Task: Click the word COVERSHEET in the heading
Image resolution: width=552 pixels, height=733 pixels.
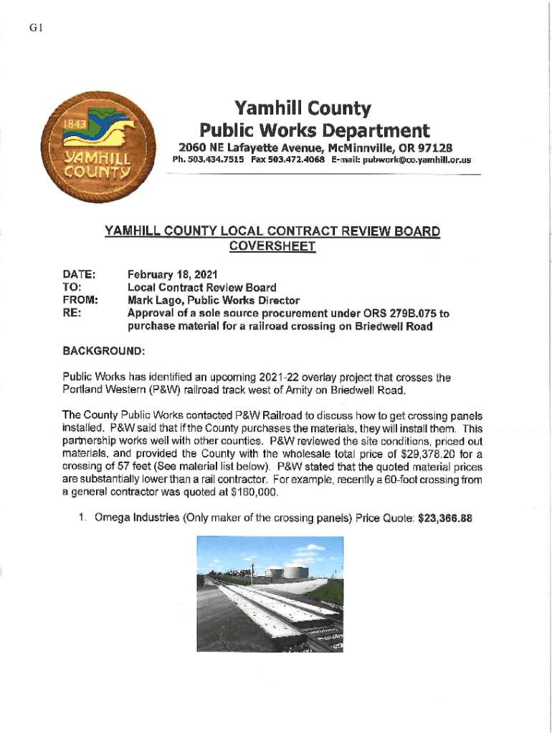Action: [x=272, y=246]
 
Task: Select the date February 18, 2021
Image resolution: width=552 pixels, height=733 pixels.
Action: [x=172, y=275]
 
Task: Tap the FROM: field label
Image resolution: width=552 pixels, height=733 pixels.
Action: [x=80, y=301]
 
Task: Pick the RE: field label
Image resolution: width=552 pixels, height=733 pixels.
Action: [x=72, y=314]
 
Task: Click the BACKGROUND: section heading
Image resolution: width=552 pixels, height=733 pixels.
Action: [x=104, y=351]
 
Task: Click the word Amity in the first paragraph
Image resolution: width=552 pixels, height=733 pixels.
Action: [x=306, y=390]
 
